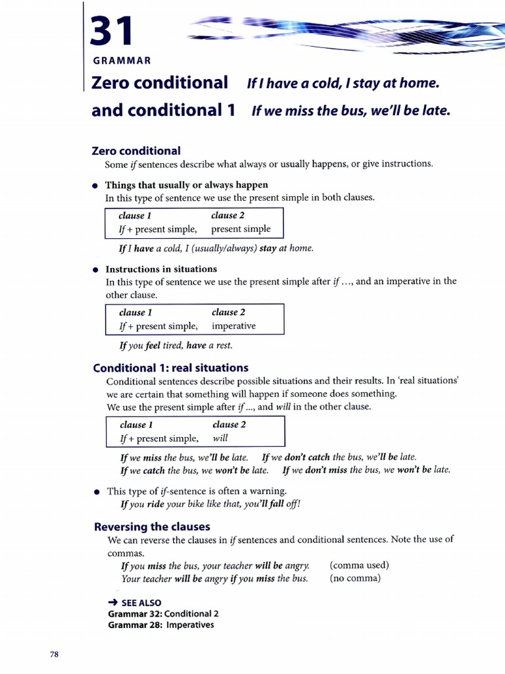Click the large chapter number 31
(x=112, y=32)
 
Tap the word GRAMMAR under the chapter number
(x=122, y=61)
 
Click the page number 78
(x=55, y=654)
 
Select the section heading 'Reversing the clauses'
(x=152, y=527)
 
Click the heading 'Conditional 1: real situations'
(x=170, y=368)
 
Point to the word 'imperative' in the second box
(x=233, y=326)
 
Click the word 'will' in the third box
(x=220, y=438)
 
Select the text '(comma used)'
(x=359, y=565)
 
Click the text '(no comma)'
(x=355, y=579)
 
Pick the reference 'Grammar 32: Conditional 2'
(x=163, y=613)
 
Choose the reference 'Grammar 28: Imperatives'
(x=160, y=625)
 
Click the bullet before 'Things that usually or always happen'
(x=95, y=186)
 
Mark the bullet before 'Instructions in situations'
(x=96, y=269)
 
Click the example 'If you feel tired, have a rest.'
(x=176, y=345)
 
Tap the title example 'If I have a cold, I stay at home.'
(x=342, y=84)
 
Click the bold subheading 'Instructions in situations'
(x=161, y=269)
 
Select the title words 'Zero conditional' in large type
(x=160, y=83)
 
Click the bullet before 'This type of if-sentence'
(x=97, y=492)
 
